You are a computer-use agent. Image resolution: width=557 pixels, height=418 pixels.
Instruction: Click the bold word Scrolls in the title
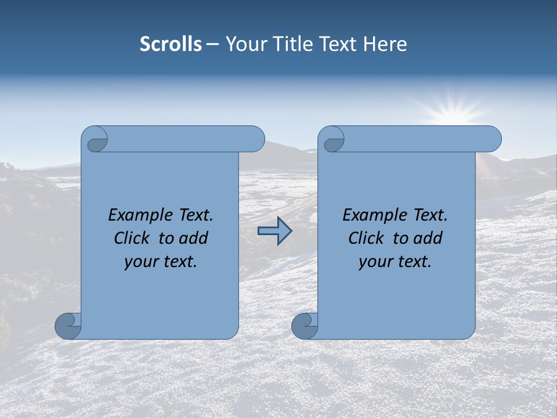click(171, 44)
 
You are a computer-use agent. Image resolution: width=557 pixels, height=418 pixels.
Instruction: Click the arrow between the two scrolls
click(274, 231)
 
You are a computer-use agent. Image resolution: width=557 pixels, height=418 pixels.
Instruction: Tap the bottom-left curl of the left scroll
click(68, 326)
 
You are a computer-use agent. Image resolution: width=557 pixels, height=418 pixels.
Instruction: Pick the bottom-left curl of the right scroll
click(305, 326)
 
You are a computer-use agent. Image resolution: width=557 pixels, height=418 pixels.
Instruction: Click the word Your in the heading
click(245, 44)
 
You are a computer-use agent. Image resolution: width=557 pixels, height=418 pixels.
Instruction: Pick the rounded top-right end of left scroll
click(255, 139)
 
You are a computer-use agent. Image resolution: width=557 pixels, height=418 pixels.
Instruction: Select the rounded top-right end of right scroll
click(492, 139)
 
